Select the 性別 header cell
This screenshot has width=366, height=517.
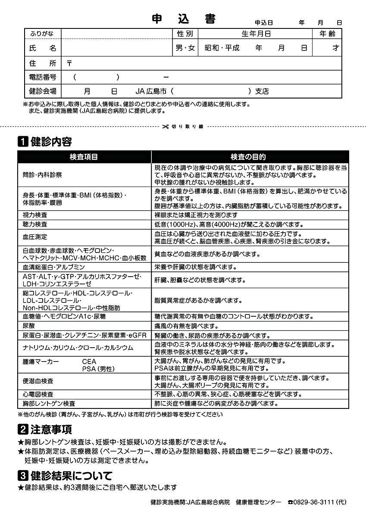pyautogui.click(x=185, y=34)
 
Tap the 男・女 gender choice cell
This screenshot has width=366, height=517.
pyautogui.click(x=185, y=48)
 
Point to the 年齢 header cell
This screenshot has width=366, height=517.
pyautogui.click(x=327, y=34)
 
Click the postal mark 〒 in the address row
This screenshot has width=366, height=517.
pyautogui.click(x=69, y=63)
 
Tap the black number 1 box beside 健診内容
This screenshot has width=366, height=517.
pyautogui.click(x=23, y=142)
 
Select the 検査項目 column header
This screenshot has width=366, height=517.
pyautogui.click(x=84, y=157)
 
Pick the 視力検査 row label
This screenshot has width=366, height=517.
pyautogui.click(x=35, y=215)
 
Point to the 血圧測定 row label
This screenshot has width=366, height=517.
pyautogui.click(x=35, y=237)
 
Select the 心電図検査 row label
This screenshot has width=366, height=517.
pyautogui.click(x=38, y=394)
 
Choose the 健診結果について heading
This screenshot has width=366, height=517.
pyautogui.click(x=72, y=476)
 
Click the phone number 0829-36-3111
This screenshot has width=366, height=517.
pyautogui.click(x=315, y=502)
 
